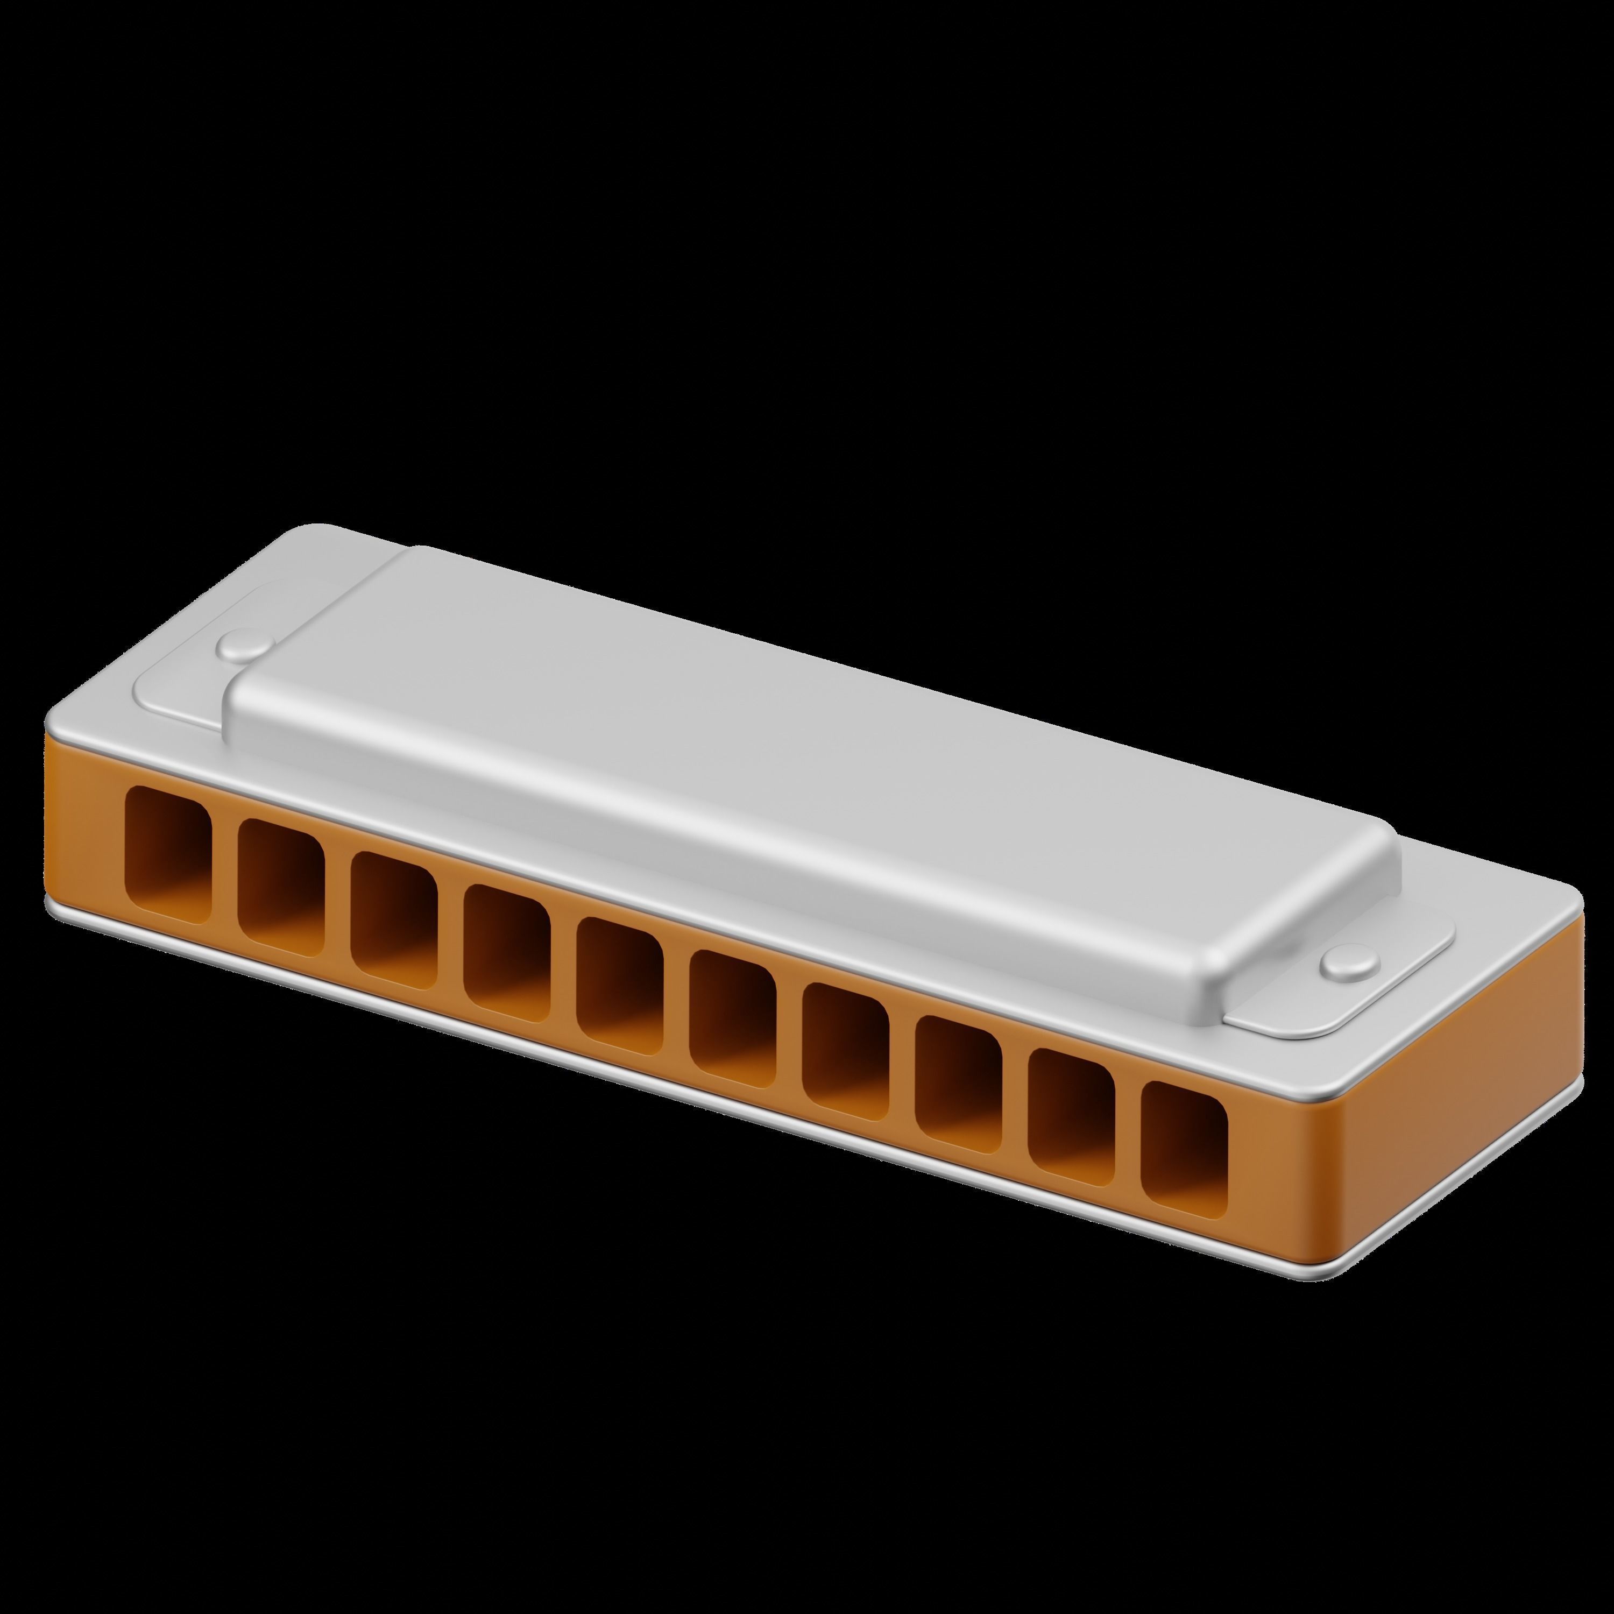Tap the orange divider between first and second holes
pyautogui.click(x=225, y=873)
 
